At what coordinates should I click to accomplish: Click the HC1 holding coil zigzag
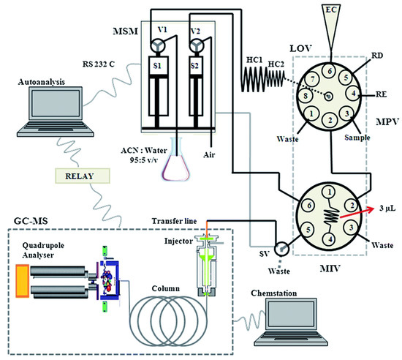[257, 77]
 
